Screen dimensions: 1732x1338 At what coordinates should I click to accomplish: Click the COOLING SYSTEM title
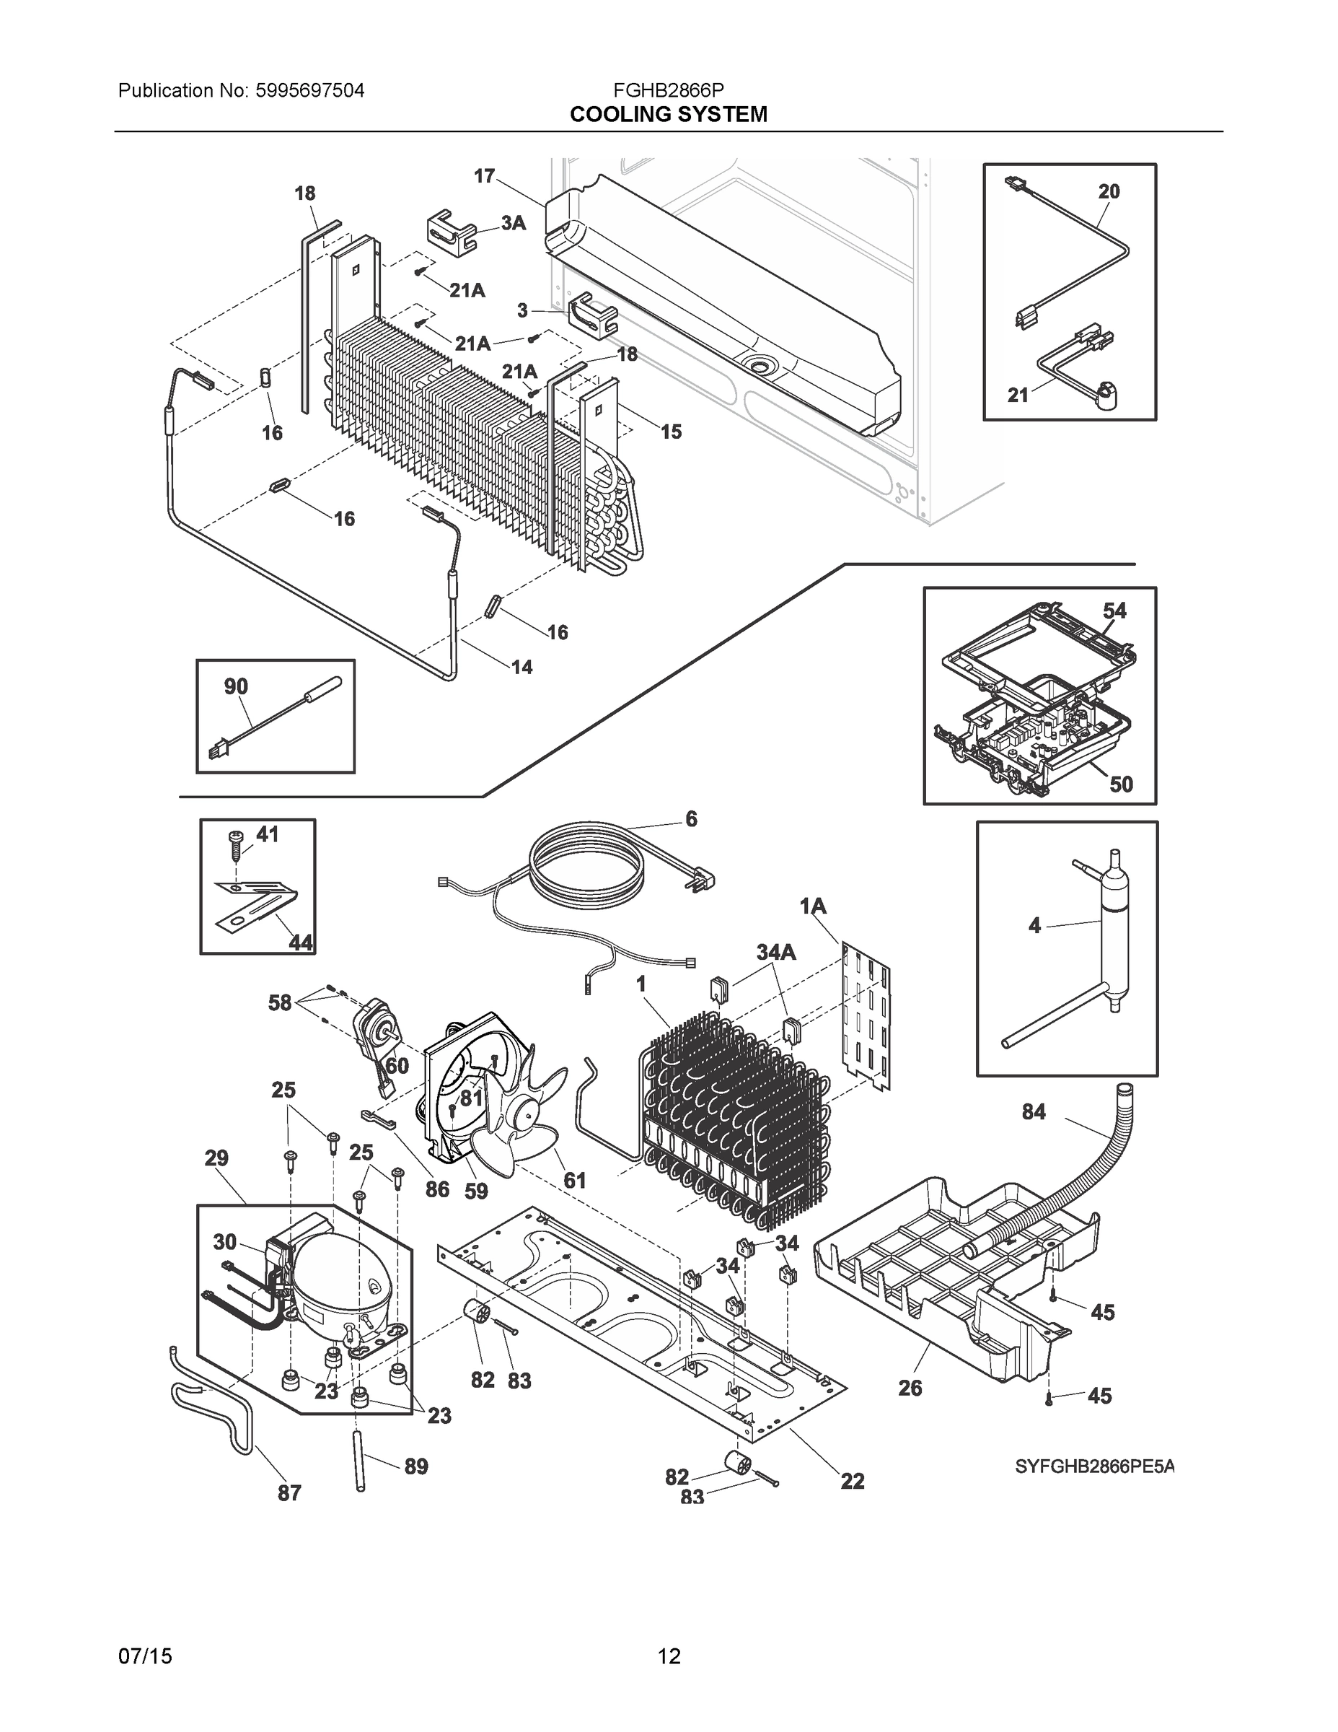tap(668, 115)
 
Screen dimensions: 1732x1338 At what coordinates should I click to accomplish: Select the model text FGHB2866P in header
tap(668, 90)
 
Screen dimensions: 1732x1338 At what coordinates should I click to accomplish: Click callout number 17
tap(484, 176)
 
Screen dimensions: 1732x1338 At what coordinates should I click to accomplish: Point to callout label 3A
tap(513, 224)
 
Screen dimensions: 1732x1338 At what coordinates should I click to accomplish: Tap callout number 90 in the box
tap(235, 687)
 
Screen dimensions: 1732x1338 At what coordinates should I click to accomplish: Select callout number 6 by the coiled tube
tap(691, 819)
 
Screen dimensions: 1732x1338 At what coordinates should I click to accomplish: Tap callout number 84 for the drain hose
tap(1034, 1113)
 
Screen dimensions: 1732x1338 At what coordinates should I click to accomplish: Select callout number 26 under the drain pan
tap(910, 1388)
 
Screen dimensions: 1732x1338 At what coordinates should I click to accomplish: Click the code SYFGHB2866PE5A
tap(1095, 1467)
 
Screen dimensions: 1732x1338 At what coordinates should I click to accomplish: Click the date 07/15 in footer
tap(145, 1657)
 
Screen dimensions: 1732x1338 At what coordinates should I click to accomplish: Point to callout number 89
tap(416, 1467)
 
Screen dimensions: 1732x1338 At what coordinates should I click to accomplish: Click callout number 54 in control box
tap(1114, 611)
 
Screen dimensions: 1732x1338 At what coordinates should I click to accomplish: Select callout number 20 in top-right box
tap(1109, 191)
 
